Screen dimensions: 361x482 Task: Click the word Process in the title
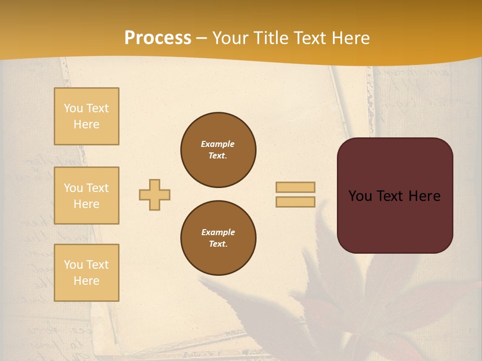(158, 38)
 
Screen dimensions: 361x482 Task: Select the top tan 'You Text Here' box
(86, 116)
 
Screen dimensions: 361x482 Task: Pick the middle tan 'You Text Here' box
(86, 196)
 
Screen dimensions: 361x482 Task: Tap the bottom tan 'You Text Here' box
(86, 273)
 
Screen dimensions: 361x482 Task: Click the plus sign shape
(155, 195)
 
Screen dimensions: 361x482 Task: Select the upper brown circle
(218, 150)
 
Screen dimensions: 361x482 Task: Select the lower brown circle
(218, 238)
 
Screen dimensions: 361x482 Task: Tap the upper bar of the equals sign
(295, 187)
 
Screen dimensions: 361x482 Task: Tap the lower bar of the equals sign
(295, 202)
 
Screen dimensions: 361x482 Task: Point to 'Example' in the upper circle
(218, 144)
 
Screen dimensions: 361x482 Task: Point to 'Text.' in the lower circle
(218, 244)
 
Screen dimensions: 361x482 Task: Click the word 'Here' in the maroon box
(424, 196)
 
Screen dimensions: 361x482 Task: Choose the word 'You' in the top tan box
(73, 108)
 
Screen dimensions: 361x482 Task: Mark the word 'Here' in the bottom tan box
(86, 281)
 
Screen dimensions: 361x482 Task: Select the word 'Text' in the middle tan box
(96, 188)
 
